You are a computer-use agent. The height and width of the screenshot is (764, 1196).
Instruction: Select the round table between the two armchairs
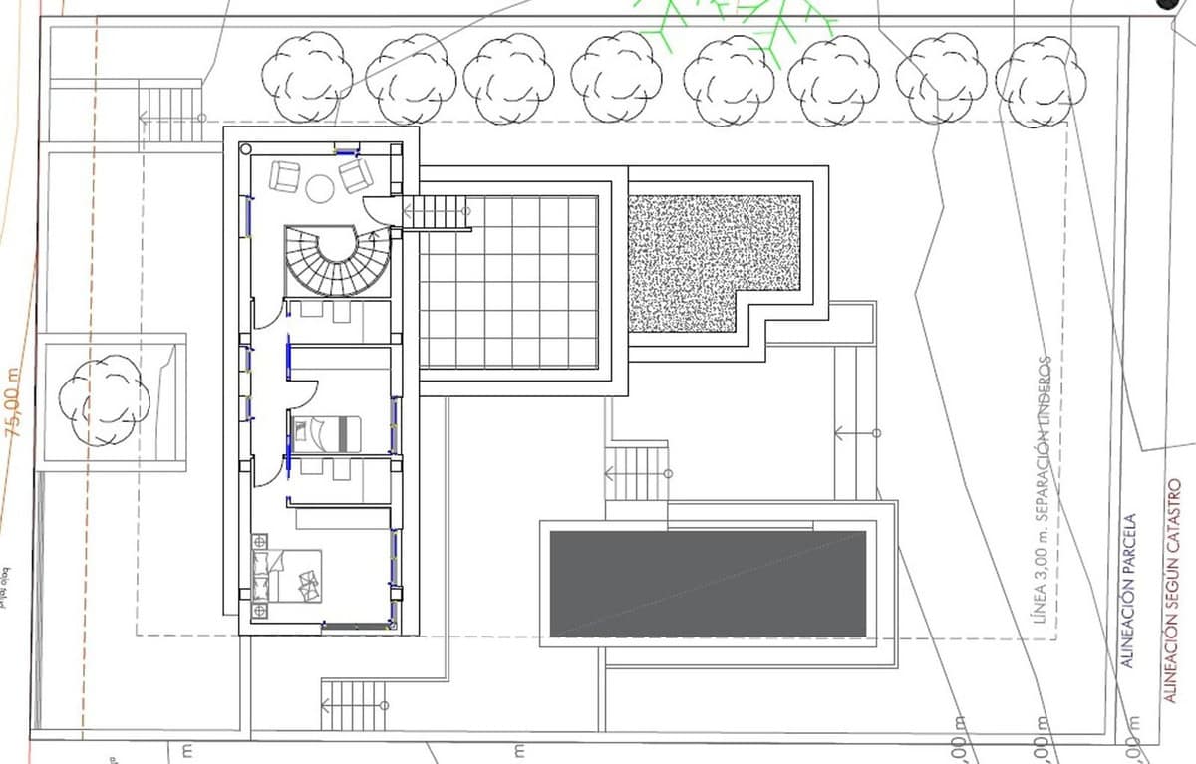click(321, 187)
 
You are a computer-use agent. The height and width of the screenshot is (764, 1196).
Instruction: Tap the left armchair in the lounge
click(285, 177)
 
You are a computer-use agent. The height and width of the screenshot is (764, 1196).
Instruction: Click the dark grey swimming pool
click(708, 584)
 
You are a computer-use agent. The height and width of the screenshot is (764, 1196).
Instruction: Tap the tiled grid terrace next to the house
click(508, 282)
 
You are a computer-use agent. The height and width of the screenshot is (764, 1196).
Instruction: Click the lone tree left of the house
click(104, 399)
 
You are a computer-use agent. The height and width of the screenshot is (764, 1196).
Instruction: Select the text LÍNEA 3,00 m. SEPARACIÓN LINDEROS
click(1043, 488)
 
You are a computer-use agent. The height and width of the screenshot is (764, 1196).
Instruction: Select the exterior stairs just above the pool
click(635, 472)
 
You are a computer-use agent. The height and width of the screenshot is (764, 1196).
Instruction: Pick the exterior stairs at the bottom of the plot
click(353, 705)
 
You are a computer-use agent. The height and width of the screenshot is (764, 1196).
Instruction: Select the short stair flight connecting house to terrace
click(436, 212)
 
